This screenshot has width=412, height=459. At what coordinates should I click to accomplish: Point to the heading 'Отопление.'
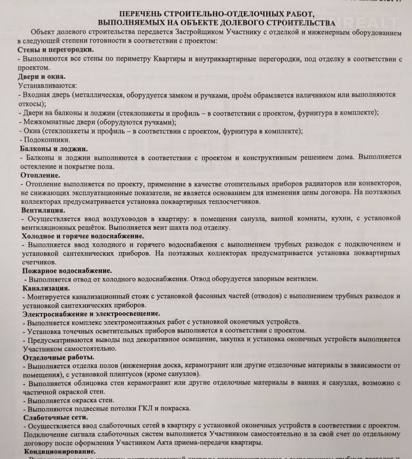tap(41, 175)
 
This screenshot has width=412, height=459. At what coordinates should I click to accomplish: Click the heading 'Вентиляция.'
tap(43, 209)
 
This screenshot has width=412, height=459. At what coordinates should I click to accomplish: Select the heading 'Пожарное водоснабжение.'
tap(67, 271)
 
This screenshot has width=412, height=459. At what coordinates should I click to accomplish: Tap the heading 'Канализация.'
tap(46, 288)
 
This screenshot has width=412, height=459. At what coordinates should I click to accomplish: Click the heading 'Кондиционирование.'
tap(60, 452)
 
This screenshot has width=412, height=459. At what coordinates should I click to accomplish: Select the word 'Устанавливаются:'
tap(46, 86)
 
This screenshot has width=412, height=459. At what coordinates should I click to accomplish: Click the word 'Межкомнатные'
tap(48, 122)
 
